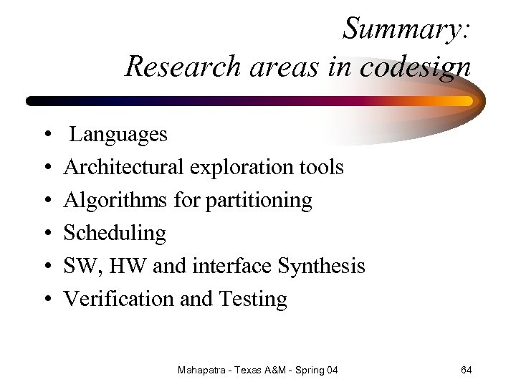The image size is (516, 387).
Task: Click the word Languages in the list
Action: [119, 134]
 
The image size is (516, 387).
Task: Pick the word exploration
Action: [241, 167]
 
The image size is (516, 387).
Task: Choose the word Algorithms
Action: [116, 200]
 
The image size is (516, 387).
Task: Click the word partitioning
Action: [259, 200]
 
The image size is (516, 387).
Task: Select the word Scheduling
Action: [115, 233]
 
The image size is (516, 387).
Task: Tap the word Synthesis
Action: [321, 266]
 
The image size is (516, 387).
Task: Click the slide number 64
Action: [466, 370]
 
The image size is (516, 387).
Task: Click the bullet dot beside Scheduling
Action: [45, 234]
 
